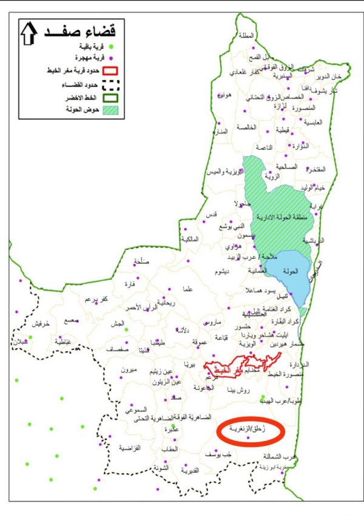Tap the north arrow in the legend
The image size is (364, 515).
tap(29, 35)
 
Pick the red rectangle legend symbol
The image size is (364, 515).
tap(110, 72)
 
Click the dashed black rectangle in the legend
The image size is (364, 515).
tap(110, 86)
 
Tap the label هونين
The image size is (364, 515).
tap(225, 96)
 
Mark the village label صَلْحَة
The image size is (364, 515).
tap(140, 261)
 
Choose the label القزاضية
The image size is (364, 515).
tap(129, 448)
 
